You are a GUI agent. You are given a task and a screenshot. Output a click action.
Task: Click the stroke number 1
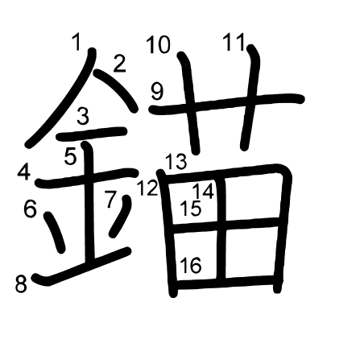(77, 43)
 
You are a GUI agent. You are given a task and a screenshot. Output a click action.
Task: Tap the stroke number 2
(120, 64)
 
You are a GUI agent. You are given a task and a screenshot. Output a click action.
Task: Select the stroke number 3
(83, 116)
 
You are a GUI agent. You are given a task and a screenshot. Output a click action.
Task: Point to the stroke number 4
(24, 172)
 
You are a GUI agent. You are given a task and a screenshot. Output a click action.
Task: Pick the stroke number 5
(71, 156)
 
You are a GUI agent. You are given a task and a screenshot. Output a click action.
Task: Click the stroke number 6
(30, 209)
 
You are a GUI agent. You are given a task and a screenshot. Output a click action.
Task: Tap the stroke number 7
(110, 199)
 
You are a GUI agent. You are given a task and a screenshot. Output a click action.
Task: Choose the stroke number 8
(21, 284)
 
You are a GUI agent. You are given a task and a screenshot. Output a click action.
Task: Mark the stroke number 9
(157, 92)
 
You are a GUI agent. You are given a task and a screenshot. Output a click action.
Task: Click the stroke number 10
(159, 45)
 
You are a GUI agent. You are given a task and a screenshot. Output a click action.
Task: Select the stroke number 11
(234, 42)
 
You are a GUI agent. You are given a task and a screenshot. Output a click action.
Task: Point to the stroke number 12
(147, 188)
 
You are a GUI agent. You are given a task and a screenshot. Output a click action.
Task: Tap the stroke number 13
(176, 161)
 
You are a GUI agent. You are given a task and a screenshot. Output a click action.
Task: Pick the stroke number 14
(204, 191)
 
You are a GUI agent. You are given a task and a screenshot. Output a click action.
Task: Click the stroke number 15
(190, 209)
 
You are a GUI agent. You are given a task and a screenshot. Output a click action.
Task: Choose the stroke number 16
(191, 265)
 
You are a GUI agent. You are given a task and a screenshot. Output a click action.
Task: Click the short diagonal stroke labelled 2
(116, 90)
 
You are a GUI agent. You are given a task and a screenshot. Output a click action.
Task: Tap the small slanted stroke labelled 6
(55, 232)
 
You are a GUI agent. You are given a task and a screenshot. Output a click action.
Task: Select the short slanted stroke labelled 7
(121, 216)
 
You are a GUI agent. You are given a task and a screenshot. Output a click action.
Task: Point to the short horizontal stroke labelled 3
(92, 134)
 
